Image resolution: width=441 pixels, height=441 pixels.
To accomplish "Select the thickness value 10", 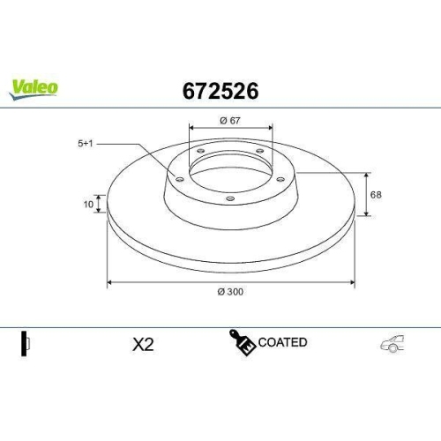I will tap(87, 204).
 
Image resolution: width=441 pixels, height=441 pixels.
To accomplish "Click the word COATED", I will tap(282, 342).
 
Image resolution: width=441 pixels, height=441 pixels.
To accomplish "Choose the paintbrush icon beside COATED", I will tap(243, 344).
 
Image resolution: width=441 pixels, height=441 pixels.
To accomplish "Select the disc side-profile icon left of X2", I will tap(26, 344).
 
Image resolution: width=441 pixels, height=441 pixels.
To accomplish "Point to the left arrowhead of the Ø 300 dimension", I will tap(110, 282).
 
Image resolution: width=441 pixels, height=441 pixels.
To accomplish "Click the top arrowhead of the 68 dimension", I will tap(367, 173).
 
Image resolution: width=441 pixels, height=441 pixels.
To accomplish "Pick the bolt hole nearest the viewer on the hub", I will tap(230, 198).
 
